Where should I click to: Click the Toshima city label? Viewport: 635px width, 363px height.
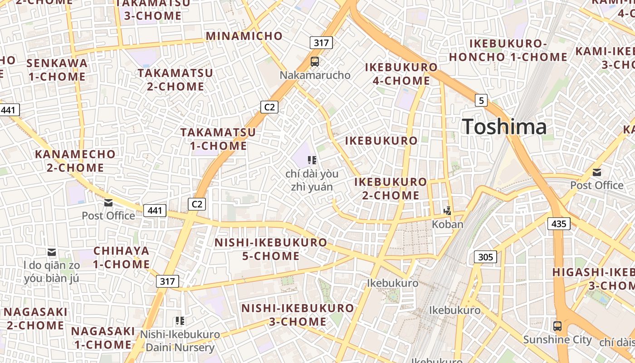(x=504, y=126)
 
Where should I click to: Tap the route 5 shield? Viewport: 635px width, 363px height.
(x=481, y=100)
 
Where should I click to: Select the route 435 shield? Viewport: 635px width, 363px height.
(x=559, y=223)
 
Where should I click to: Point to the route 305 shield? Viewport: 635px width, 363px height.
(x=485, y=257)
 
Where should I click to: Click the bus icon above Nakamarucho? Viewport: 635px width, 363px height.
(x=314, y=61)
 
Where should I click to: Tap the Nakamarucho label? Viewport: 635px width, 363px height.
(x=315, y=75)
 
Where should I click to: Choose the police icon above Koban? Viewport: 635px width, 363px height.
(x=448, y=211)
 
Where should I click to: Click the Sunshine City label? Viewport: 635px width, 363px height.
(x=557, y=339)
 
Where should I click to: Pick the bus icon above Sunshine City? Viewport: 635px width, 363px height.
(x=557, y=326)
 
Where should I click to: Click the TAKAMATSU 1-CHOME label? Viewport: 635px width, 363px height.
(x=218, y=139)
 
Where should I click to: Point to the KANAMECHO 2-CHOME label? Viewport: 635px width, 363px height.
(x=75, y=161)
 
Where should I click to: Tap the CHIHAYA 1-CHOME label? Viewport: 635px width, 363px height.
(x=122, y=257)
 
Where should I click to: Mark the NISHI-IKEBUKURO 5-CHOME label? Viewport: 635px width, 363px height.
(x=270, y=249)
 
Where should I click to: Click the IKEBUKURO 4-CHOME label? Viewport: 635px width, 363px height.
(x=401, y=74)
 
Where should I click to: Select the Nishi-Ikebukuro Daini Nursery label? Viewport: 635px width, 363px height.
(x=180, y=341)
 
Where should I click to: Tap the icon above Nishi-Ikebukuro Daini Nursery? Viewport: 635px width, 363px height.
(x=180, y=321)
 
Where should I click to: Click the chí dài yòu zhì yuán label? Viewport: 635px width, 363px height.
(x=312, y=180)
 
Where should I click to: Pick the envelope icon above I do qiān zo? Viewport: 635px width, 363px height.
(x=52, y=252)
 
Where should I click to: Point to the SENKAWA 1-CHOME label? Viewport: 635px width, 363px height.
(x=57, y=69)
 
